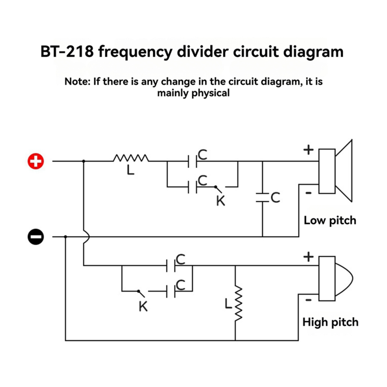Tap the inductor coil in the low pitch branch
pos(131,158)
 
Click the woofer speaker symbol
pos(336,171)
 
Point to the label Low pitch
pos(330,220)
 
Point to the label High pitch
pos(330,322)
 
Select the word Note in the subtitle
pos(77,82)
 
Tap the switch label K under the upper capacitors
pos(221,201)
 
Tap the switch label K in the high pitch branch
pos(143,307)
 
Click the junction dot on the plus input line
pos(84,161)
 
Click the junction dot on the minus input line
pos(65,236)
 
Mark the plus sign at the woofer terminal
pos(309,150)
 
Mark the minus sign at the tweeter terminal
pos(308,300)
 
